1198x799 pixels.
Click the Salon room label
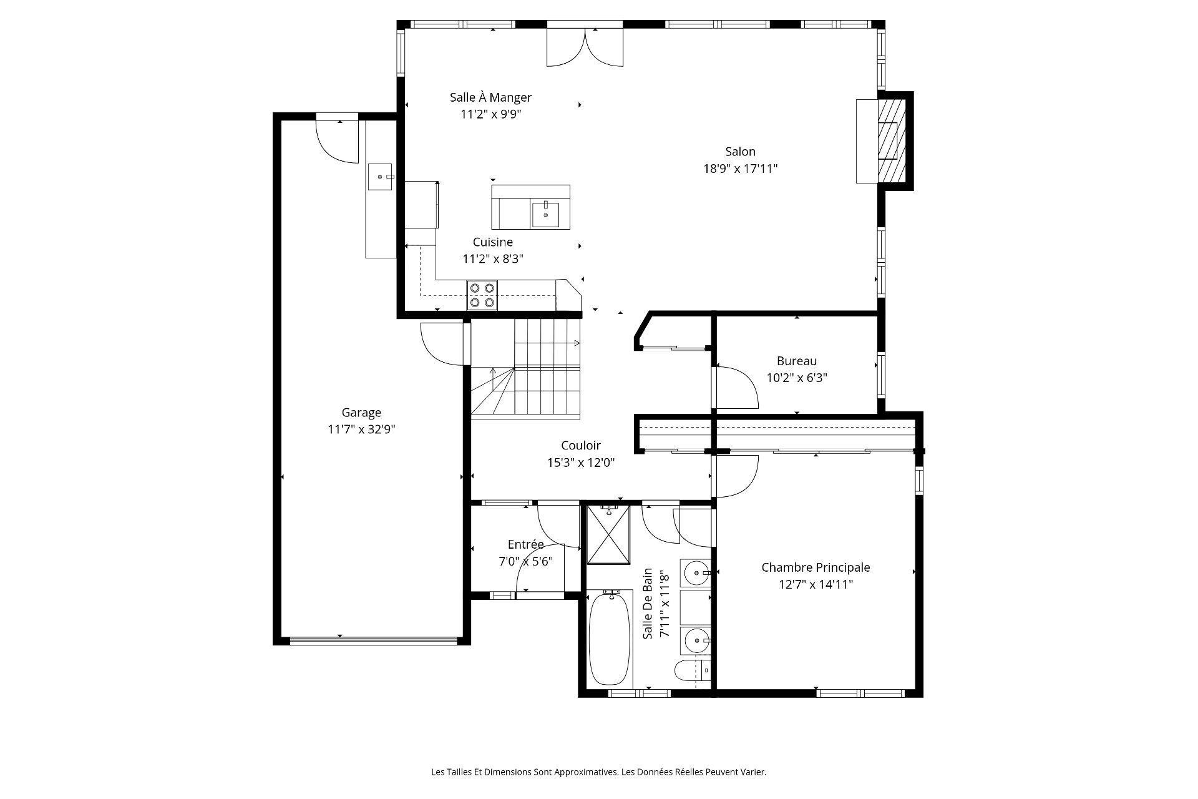coord(740,152)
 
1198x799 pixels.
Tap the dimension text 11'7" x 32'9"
coord(361,429)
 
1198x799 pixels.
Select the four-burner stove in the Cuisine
coord(482,295)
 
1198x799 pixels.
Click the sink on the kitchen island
coord(546,213)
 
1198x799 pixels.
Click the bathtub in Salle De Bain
coord(610,647)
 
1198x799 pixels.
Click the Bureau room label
coord(796,361)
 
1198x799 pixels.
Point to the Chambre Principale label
coord(816,567)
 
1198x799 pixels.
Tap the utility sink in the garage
coord(380,177)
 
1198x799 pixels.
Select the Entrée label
coord(525,544)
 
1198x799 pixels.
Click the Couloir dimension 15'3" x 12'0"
coord(580,463)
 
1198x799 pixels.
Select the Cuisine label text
coord(492,242)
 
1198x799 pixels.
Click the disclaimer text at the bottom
coord(598,772)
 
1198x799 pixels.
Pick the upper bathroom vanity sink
coord(694,572)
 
